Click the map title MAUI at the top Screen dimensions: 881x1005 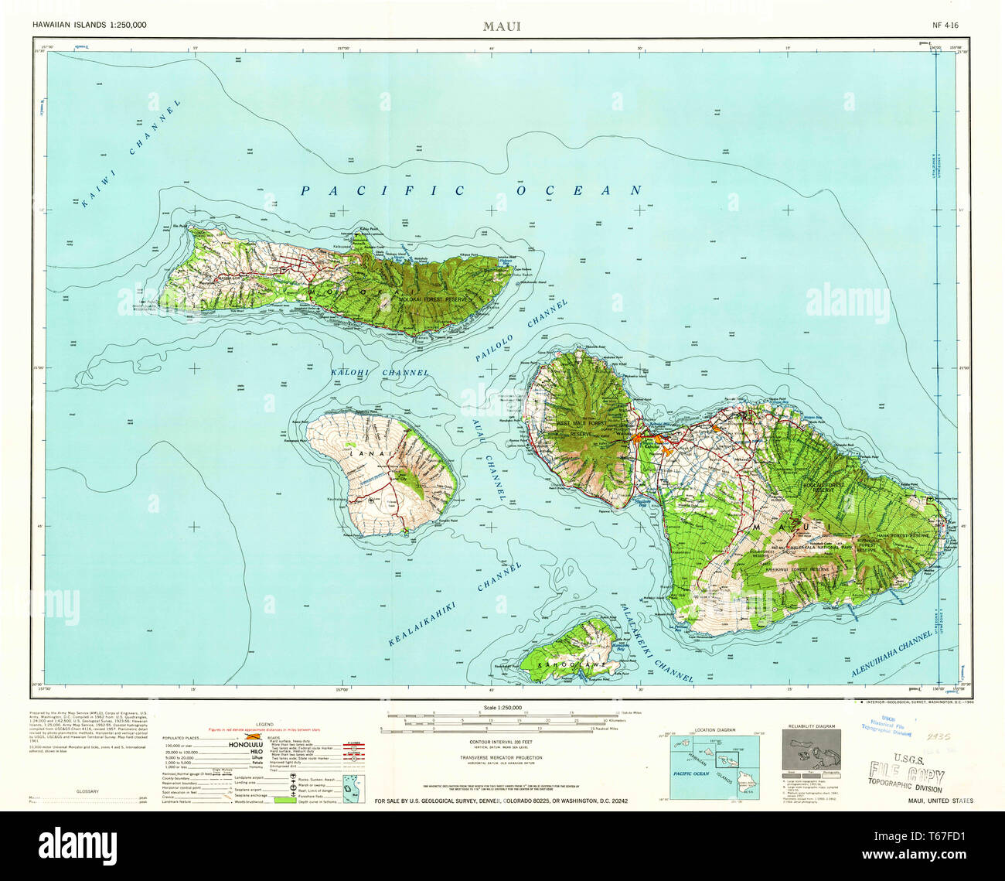[502, 26]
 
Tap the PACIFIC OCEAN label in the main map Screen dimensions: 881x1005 [472, 190]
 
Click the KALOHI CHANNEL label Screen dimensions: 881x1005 [379, 373]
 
